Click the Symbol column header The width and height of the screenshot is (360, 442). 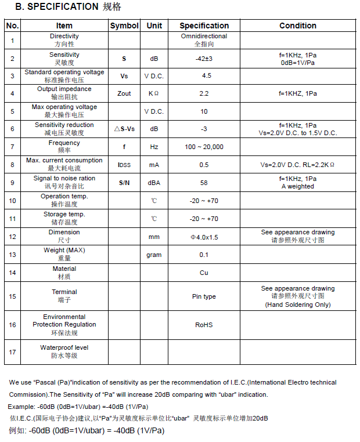coord(124,26)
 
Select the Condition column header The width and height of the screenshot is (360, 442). coord(297,26)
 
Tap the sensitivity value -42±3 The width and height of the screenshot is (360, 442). coord(204,59)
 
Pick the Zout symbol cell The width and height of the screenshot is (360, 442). coord(124,93)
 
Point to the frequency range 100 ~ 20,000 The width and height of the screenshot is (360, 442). coord(204,147)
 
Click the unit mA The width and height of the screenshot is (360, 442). coord(154,165)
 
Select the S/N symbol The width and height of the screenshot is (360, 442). coord(124,183)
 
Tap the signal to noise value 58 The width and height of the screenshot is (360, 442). coord(204,183)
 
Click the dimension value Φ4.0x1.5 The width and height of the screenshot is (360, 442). coord(204,237)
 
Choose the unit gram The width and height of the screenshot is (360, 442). coord(154,255)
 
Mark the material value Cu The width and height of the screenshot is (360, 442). coord(204,273)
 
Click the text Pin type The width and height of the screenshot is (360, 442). coord(204,296)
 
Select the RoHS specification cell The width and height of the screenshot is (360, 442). coord(204,325)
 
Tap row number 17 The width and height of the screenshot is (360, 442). coord(13,352)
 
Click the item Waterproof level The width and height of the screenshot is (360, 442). coord(64,347)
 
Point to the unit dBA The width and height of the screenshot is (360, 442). coord(154,183)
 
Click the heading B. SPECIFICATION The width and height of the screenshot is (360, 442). coord(57,7)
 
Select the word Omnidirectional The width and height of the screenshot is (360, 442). coord(204,36)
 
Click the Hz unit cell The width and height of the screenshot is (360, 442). coord(154,147)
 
